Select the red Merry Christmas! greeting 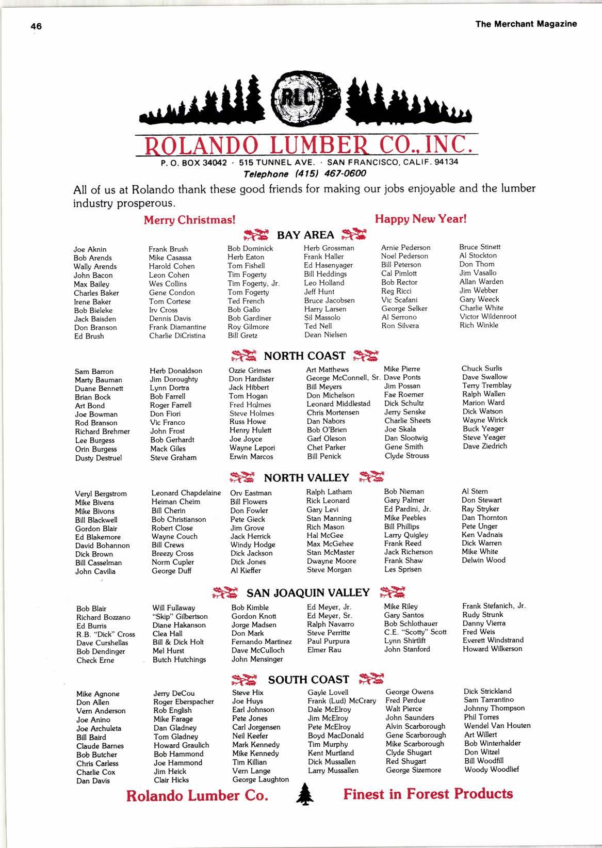pyautogui.click(x=189, y=219)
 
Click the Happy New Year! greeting pyautogui.click(x=420, y=218)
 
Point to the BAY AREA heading pyautogui.click(x=305, y=235)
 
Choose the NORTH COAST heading pyautogui.click(x=304, y=356)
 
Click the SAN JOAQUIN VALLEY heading pyautogui.click(x=308, y=593)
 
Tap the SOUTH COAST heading pyautogui.click(x=308, y=679)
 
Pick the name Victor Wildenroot pyautogui.click(x=487, y=316)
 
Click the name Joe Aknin pyautogui.click(x=90, y=249)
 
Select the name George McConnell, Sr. pyautogui.click(x=343, y=378)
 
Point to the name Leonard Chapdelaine pyautogui.click(x=186, y=493)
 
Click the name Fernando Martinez pyautogui.click(x=262, y=642)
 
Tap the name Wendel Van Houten pyautogui.click(x=497, y=726)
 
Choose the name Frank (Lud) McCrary pyautogui.click(x=341, y=701)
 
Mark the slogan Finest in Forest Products pyautogui.click(x=428, y=794)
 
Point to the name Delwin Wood pyautogui.click(x=483, y=560)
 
